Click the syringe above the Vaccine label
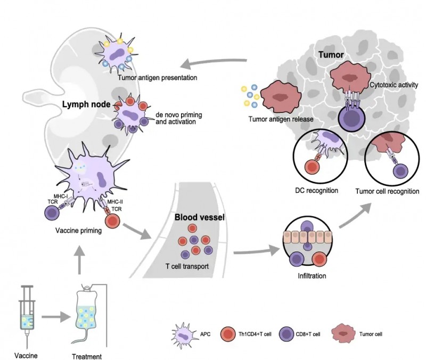click(26, 309)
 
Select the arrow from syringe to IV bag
click(56, 318)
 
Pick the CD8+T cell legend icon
click(288, 334)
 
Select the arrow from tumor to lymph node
click(213, 62)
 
